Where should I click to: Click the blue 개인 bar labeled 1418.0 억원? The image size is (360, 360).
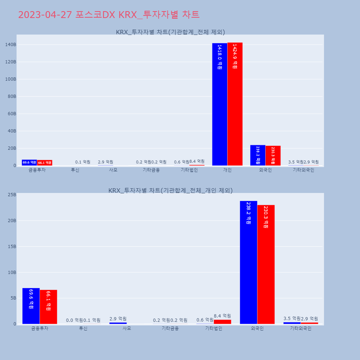click(220, 104)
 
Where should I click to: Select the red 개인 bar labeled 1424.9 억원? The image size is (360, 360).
click(235, 104)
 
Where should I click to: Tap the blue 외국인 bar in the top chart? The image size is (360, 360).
click(258, 155)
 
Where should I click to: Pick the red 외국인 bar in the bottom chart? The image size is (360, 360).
click(266, 265)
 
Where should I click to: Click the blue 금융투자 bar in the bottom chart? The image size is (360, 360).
click(31, 306)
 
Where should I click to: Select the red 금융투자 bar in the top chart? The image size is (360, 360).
click(45, 163)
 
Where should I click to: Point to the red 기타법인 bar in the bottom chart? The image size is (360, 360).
click(222, 322)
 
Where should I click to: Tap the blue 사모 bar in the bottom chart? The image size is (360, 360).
click(118, 323)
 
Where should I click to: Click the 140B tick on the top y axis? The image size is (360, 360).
click(10, 45)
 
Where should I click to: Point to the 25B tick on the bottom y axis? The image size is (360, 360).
click(12, 195)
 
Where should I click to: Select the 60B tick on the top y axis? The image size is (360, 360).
click(12, 114)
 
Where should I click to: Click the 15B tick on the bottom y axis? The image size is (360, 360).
click(12, 247)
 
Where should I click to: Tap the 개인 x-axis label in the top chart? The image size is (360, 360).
click(227, 170)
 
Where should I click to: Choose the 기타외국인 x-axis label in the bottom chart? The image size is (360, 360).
click(301, 328)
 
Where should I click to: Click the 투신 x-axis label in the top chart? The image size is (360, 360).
click(75, 170)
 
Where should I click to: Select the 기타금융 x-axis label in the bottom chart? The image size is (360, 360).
click(170, 328)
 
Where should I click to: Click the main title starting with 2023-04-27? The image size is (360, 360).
click(109, 15)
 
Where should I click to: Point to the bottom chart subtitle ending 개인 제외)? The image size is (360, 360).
click(170, 190)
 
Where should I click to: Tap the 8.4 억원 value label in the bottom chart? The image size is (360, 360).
click(222, 316)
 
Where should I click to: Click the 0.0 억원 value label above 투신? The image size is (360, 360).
click(74, 320)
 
